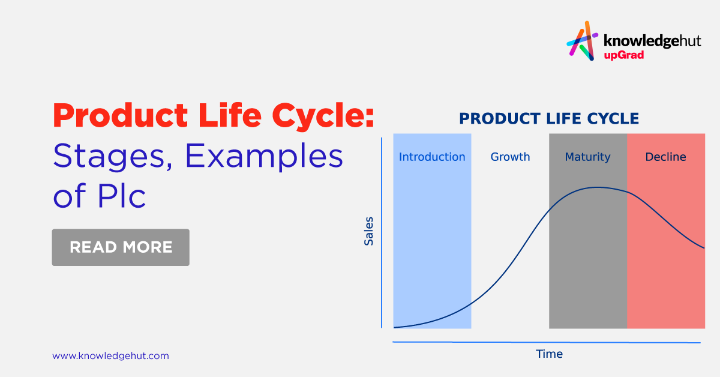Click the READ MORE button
[121, 247]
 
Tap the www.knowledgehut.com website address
[110, 356]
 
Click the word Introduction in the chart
[432, 157]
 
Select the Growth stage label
[510, 157]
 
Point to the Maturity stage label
[587, 157]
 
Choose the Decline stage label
[665, 157]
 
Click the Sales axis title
[369, 231]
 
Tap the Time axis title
[549, 354]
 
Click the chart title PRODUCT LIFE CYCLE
[548, 118]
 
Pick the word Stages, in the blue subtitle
[113, 157]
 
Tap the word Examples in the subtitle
[264, 157]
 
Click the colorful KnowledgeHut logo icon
[582, 41]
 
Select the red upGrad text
[624, 56]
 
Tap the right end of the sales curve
[703, 247]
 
